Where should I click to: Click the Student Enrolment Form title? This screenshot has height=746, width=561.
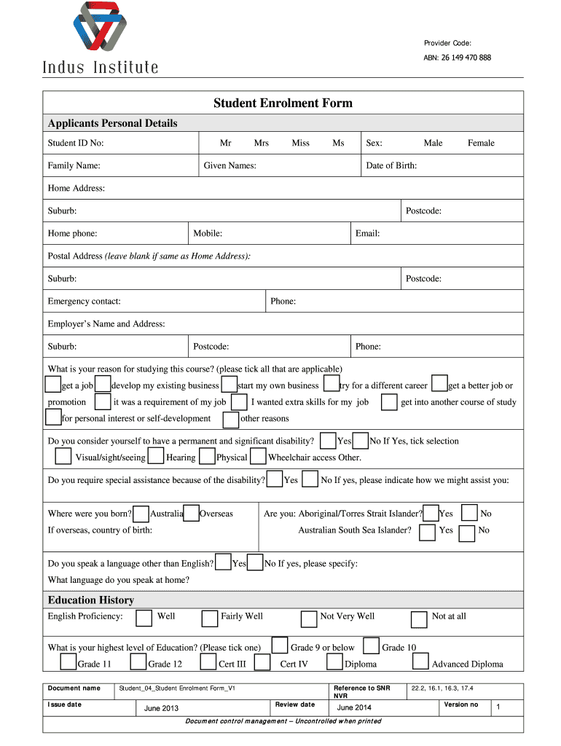283,103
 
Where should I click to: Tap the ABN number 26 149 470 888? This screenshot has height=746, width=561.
466,58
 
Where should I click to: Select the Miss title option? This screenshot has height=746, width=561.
300,144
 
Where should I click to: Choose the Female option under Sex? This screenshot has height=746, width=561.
481,144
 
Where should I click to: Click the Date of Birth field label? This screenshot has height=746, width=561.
391,166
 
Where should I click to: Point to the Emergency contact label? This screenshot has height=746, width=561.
85,302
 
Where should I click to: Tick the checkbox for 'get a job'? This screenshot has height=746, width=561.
53,384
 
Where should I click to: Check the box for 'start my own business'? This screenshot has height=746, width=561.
229,384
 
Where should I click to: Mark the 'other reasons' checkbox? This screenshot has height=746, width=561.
231,420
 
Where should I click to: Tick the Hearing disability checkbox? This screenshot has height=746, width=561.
156,457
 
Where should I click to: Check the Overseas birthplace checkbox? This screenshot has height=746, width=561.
192,513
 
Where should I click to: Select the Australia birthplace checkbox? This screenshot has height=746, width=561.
141,514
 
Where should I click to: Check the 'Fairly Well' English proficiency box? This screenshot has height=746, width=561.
210,619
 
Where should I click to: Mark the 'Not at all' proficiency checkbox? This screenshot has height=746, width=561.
419,619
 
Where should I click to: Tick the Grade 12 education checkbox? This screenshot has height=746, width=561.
138,661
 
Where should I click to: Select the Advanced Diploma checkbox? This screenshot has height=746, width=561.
420,661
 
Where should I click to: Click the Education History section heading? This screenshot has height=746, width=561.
91,600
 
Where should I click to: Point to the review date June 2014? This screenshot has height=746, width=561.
354,708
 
